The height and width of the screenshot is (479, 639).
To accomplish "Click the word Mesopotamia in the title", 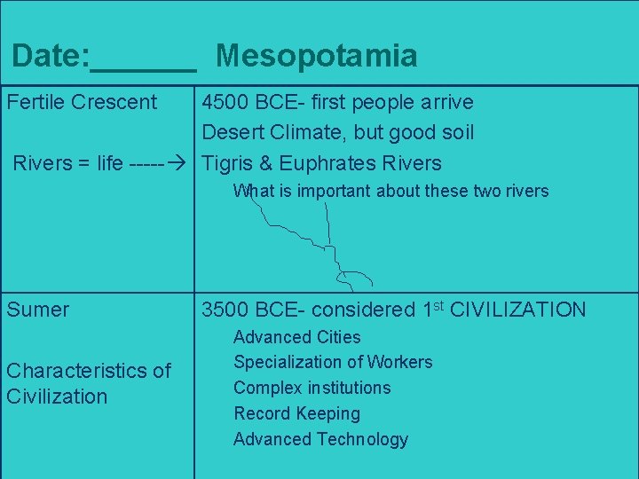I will click(x=316, y=57).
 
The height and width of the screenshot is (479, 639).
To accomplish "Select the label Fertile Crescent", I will click(x=82, y=103).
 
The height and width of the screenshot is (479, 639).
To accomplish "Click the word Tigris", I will click(x=229, y=163).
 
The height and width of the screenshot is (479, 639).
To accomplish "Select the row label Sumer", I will click(x=37, y=310).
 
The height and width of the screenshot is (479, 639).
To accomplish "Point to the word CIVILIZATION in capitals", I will click(x=518, y=310).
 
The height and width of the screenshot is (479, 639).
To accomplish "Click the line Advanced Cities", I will click(x=296, y=337).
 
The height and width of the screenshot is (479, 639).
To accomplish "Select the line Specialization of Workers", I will click(x=333, y=362).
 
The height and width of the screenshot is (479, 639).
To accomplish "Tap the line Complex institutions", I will click(x=312, y=388).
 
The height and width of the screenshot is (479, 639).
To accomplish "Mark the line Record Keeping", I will click(x=296, y=413).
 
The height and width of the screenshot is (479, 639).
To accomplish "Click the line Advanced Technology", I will click(x=320, y=439).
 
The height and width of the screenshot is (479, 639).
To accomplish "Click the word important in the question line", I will click(x=335, y=191).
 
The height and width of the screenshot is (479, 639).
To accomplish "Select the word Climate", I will click(x=311, y=133).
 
